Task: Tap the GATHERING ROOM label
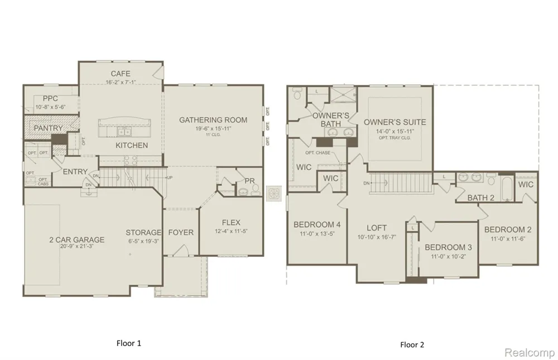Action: point(213,120)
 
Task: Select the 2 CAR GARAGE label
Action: point(77,240)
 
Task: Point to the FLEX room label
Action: point(231,222)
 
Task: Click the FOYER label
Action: point(181,232)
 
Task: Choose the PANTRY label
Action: point(48,128)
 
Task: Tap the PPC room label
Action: point(50,99)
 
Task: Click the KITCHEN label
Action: point(132,146)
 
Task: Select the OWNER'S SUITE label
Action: point(395,122)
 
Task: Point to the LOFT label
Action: point(377,228)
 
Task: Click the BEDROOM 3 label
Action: point(448,247)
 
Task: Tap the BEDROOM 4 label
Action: point(317,225)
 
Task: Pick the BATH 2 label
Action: point(481,198)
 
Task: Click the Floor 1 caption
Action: point(128,343)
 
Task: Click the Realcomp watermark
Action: point(528,353)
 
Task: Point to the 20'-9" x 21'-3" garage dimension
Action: point(77,248)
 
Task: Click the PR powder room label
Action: point(249,181)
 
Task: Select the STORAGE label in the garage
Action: point(143,233)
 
